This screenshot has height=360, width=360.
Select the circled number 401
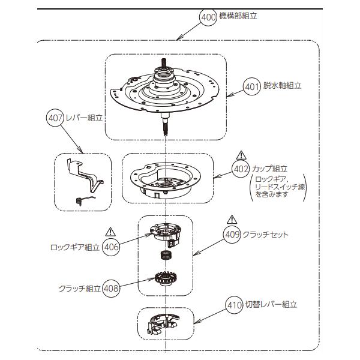(x=251, y=86)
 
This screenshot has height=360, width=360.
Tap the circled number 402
(x=241, y=169)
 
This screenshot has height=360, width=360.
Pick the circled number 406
(x=110, y=246)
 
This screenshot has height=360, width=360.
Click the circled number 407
(x=55, y=118)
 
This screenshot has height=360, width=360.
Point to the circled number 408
(x=112, y=288)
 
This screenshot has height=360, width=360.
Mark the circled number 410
(x=235, y=304)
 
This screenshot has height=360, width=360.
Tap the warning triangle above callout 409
(x=232, y=219)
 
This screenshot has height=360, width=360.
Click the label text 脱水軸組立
(x=282, y=86)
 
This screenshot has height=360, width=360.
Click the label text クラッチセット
(x=266, y=235)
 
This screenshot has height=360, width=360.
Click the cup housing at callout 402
(x=162, y=180)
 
